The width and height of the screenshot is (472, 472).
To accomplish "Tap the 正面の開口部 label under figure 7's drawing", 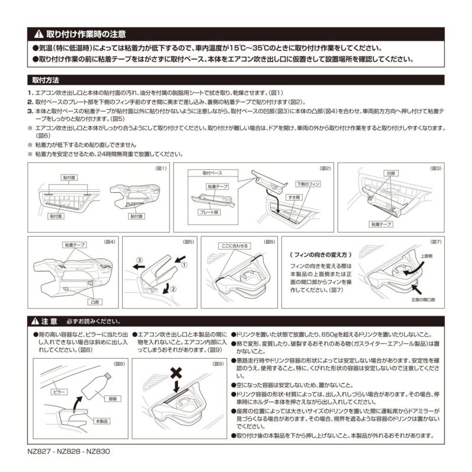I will pyautogui.click(x=423, y=300).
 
